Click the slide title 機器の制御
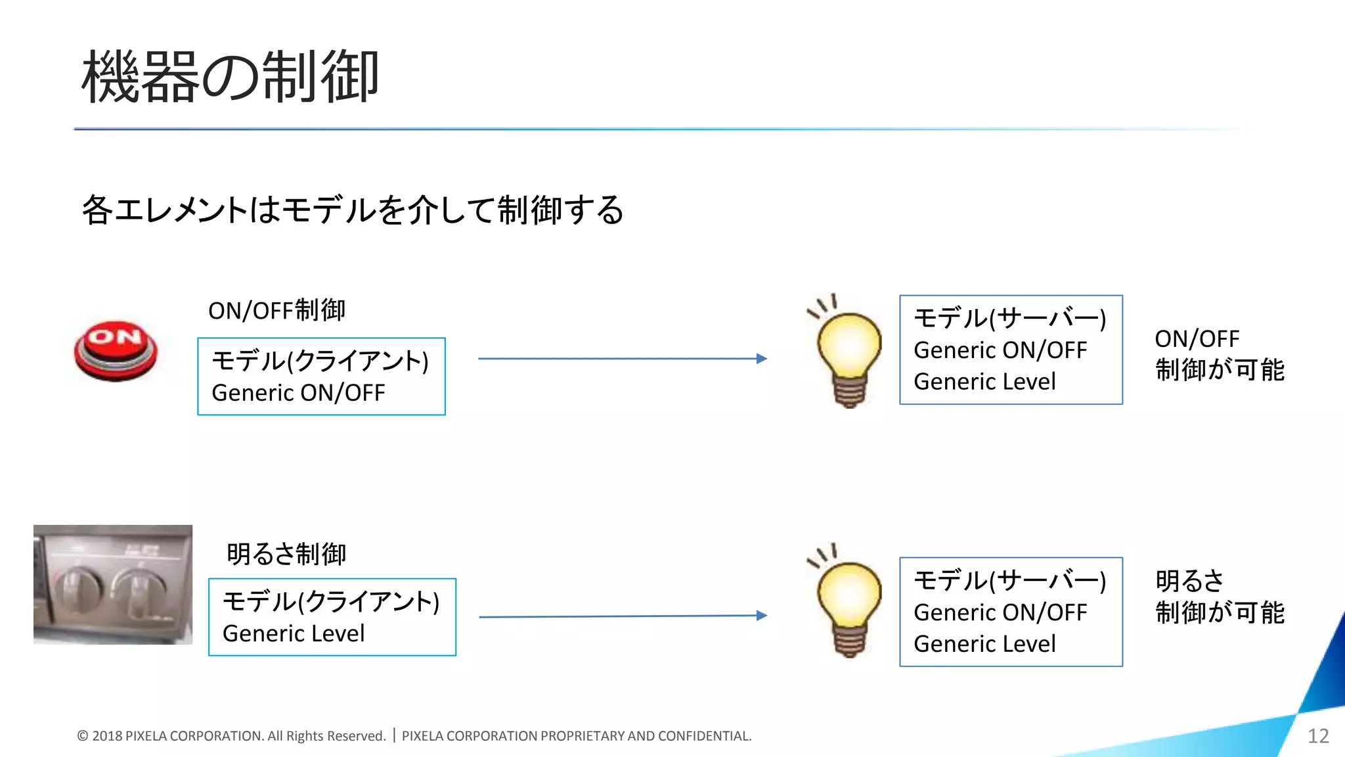(230, 78)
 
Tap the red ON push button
(116, 350)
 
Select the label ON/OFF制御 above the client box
(276, 310)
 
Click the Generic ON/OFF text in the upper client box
(298, 393)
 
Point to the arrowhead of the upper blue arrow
(762, 359)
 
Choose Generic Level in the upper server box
(984, 382)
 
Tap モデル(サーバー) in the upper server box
(1009, 319)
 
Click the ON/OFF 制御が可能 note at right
(1219, 355)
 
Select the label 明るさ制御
(286, 554)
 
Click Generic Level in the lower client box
(293, 633)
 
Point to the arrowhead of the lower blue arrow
(762, 616)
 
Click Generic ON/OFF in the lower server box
(1000, 612)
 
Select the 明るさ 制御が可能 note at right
(1219, 597)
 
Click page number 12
(1318, 736)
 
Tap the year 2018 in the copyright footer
(107, 737)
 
